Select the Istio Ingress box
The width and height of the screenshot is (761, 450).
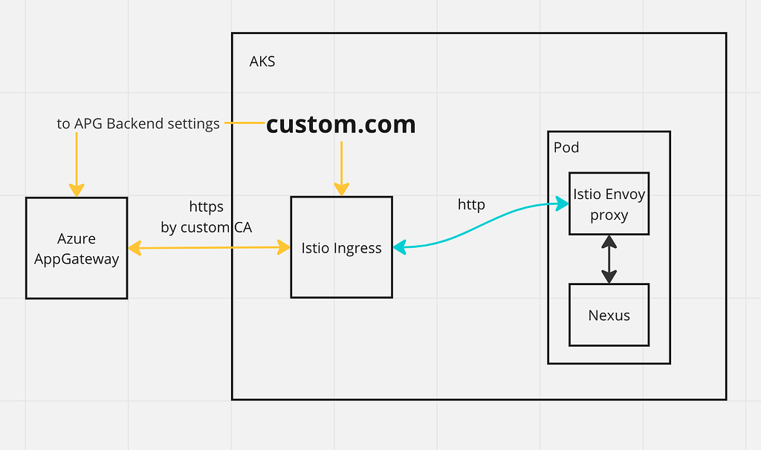[341, 248]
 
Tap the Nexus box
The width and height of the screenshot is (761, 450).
[609, 315]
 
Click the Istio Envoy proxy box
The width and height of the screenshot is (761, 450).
[609, 204]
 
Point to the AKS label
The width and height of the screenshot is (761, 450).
[262, 62]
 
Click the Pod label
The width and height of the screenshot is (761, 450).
[566, 147]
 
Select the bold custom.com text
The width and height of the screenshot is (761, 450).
[340, 124]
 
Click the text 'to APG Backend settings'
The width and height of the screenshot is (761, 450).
[138, 124]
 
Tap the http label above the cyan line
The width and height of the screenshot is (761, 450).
[471, 204]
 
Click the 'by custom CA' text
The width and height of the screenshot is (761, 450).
[206, 227]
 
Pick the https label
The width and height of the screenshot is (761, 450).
[206, 206]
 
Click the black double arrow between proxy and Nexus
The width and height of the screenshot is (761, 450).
[609, 259]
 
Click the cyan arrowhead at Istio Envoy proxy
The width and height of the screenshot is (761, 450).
[561, 201]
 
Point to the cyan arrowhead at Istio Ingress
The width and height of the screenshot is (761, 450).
[400, 248]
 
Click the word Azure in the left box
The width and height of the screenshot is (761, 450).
[77, 239]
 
